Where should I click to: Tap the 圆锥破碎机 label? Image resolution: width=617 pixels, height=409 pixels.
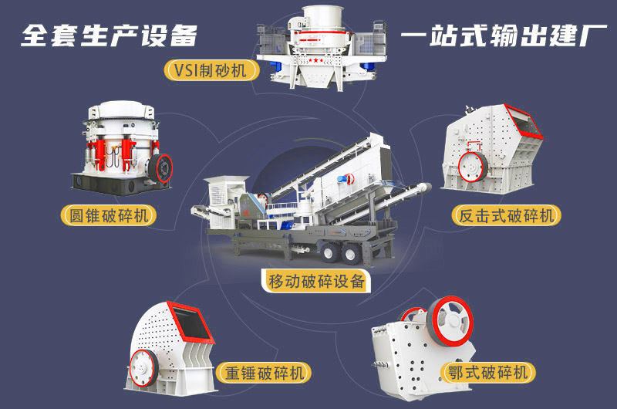pos(108,215)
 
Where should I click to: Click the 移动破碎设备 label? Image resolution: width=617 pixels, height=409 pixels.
pos(316,281)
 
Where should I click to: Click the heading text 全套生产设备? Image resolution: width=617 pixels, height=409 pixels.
pos(109,35)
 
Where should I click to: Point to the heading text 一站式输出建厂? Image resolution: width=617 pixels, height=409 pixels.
pos(498,35)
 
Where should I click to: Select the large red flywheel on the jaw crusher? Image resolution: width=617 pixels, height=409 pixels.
pos(450,316)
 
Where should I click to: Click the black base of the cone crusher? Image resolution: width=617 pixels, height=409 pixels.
pos(116,182)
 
